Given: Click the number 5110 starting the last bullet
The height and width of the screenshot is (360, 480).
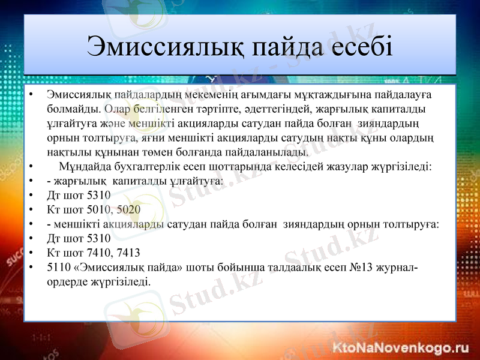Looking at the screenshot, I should pyautogui.click(x=58, y=267).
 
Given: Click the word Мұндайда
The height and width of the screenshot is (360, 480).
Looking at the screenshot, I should pyautogui.click(x=83, y=166).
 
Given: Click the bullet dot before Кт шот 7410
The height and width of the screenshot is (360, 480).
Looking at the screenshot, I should pyautogui.click(x=30, y=253).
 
